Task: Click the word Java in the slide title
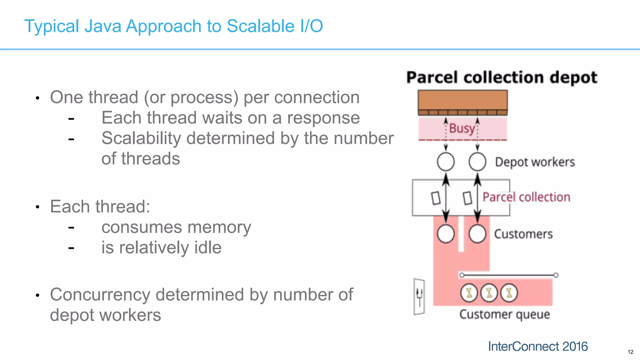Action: pos(103,26)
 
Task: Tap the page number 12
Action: pos(630,352)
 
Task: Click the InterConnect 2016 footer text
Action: pos(537,346)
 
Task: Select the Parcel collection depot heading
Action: pos(502,77)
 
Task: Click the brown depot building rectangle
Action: pos(462,101)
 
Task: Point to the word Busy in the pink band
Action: pos(462,128)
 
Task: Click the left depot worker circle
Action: pos(446,162)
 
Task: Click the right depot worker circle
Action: pos(477,162)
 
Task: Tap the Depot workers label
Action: pos(535,162)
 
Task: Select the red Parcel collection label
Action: pos(526,197)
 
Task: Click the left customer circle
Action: pos(446,234)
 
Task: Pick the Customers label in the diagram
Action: pos(523,234)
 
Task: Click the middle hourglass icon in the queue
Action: pos(489,293)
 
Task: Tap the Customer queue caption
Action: pos(504,314)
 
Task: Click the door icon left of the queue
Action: pos(419,297)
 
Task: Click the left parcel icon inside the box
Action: pos(436,198)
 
